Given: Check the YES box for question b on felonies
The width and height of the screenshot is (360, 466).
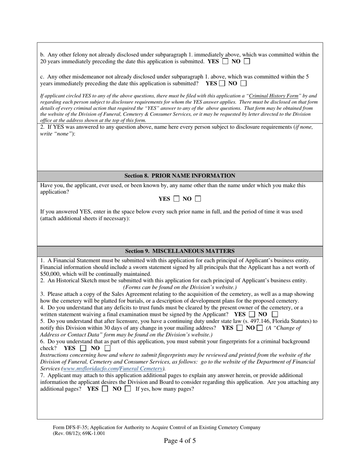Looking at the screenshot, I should pos(225,61).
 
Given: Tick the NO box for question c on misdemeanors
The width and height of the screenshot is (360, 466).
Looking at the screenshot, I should pos(244,83).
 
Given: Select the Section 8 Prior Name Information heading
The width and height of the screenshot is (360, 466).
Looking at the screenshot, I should pos(180,176).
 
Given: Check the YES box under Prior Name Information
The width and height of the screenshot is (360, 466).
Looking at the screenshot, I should pos(176,199).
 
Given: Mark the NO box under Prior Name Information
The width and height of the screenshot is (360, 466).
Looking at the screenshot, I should pos(198,199).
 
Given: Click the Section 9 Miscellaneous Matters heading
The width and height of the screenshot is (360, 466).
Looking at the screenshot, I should pos(180,251).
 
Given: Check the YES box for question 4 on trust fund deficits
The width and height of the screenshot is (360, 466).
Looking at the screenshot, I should pos(252,314).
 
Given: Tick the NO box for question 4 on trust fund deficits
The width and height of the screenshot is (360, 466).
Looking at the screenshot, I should pos(275,314).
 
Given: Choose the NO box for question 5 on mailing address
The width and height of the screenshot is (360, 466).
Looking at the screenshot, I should pos(260,328).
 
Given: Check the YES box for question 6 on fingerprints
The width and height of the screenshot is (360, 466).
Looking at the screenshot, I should pos(83,348).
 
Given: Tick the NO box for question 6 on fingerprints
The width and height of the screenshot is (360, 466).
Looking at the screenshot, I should pos(108,348).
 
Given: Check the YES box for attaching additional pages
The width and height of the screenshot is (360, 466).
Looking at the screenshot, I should pos(105,389).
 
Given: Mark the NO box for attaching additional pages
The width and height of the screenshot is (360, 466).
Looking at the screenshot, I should pos(128,389).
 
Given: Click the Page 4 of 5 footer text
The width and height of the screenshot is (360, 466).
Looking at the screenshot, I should pos(180,441).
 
